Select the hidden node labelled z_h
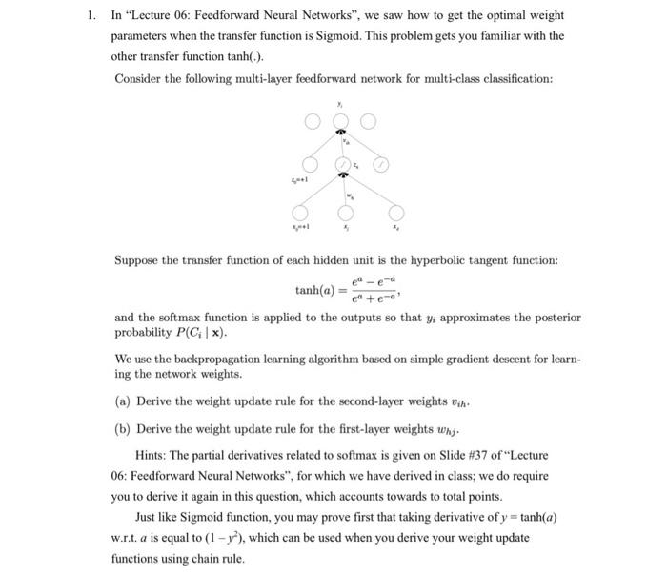tap(340, 164)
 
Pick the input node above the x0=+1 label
tap(301, 213)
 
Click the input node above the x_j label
tap(340, 213)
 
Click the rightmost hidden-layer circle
tap(380, 164)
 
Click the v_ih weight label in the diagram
tap(347, 142)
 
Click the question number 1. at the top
tap(91, 16)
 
